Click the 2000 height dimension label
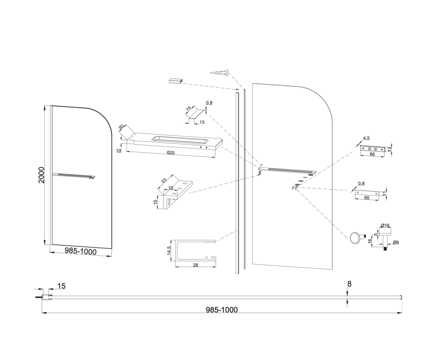41,175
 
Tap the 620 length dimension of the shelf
170,153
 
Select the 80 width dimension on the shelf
121,127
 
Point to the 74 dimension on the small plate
189,109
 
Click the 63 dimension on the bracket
164,180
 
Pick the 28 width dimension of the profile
195,265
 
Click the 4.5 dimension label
366,138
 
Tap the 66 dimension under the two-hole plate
372,154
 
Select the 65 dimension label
367,198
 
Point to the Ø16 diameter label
385,225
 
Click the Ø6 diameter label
396,242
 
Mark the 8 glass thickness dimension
350,284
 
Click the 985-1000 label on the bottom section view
221,310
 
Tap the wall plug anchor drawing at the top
220,73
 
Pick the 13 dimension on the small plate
202,122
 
